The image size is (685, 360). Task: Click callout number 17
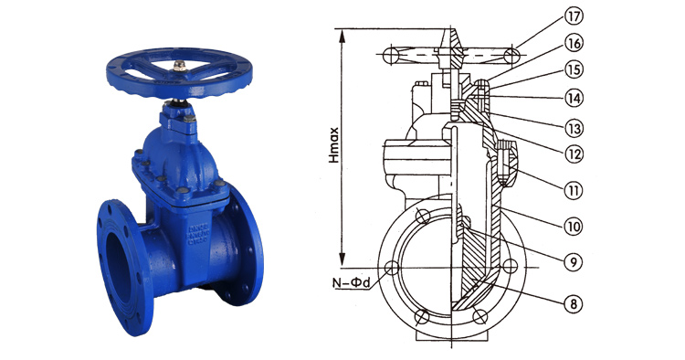574,16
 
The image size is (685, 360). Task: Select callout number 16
574,43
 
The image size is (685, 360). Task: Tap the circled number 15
574,69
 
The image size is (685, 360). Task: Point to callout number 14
574,98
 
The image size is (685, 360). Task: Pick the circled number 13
574,129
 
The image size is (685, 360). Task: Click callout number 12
574,154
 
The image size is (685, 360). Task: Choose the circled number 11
574,190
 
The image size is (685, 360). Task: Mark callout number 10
574,226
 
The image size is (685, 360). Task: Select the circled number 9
574,261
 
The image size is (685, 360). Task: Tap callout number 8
574,303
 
